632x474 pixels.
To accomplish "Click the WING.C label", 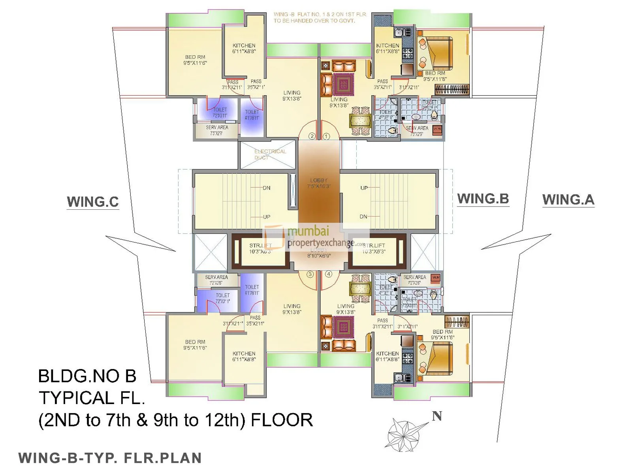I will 93,202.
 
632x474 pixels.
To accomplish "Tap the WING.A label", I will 568,199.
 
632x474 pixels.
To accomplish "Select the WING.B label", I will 483,199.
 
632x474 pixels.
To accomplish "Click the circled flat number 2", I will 312,136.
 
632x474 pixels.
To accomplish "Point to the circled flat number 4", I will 329,274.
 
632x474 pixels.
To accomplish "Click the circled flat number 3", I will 310,274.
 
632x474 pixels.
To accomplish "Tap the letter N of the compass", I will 437,416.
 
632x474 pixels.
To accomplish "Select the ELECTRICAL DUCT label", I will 270,154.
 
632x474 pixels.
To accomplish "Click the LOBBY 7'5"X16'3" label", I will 319,183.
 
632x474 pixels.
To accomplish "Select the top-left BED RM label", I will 195,60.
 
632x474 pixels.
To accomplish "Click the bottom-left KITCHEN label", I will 244,356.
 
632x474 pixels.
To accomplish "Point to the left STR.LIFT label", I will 260,248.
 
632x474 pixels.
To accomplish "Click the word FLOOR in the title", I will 282,420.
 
